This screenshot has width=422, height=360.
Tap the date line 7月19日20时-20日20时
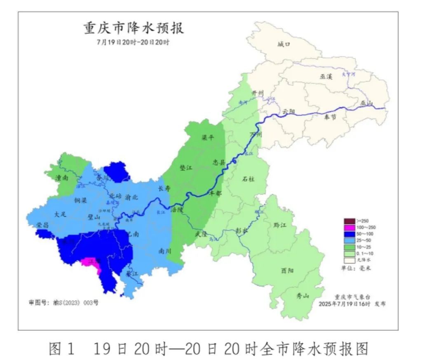tap(133, 42)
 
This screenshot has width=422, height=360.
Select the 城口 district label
tap(284, 44)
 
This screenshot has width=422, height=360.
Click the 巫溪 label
tap(325, 77)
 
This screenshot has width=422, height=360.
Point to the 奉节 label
tap(330, 117)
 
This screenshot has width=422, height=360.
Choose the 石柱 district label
tap(248, 179)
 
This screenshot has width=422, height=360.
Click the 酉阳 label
tap(287, 271)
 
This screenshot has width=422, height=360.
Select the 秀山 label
tap(302, 296)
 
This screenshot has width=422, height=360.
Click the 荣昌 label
tap(42, 225)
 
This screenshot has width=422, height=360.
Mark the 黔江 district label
tap(280, 225)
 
